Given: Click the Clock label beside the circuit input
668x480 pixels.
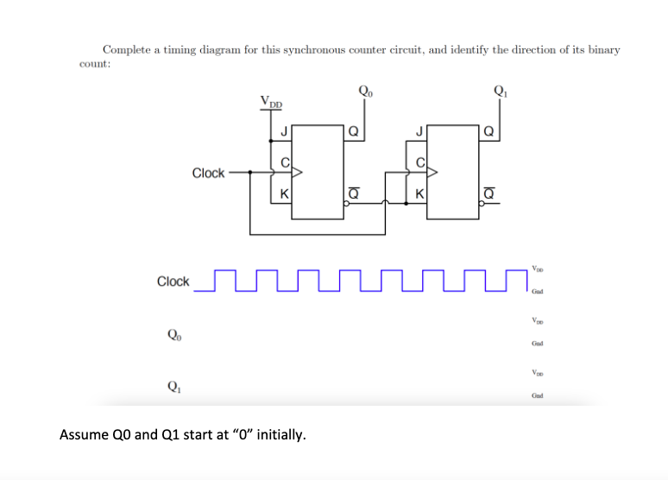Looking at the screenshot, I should pyautogui.click(x=208, y=173).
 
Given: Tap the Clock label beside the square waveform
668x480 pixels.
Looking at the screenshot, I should pyautogui.click(x=173, y=281).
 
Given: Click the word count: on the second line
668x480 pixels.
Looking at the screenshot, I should pyautogui.click(x=92, y=63).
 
